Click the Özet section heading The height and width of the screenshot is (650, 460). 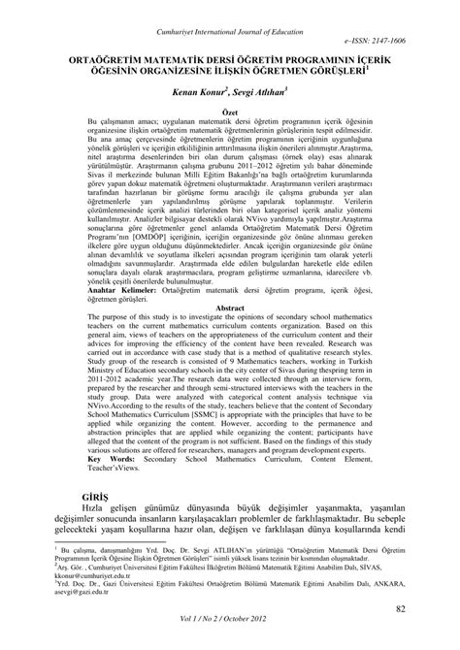click(x=229, y=114)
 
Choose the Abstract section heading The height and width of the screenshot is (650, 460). click(x=229, y=307)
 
